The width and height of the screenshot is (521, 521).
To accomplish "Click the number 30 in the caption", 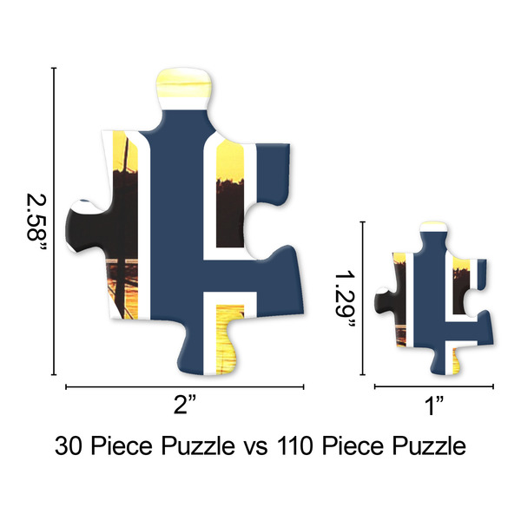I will [71, 447].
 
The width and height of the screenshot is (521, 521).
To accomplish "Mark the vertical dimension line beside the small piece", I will [361, 300].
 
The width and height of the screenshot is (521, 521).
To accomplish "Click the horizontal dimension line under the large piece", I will [187, 387].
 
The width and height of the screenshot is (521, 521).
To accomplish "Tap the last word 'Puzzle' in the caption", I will [425, 447].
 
